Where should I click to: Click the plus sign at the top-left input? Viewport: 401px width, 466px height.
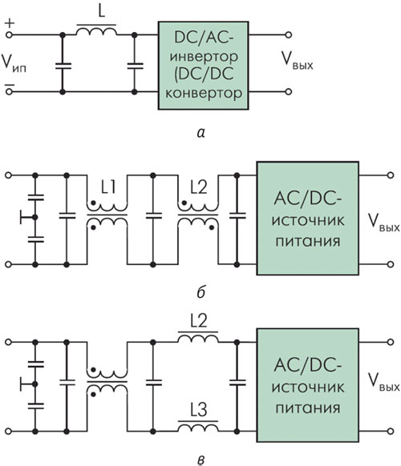(10, 23)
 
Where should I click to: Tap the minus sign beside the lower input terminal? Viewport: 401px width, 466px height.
(10, 85)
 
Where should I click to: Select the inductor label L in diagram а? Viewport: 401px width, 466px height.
(102, 12)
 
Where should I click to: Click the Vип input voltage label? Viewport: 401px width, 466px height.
(14, 63)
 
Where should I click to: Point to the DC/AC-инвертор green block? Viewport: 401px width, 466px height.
(204, 66)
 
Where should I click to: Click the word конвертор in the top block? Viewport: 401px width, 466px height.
(204, 94)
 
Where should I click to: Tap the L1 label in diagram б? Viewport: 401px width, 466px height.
(107, 188)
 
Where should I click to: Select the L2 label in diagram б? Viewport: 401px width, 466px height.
(199, 188)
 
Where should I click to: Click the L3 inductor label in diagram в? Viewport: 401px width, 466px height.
(199, 410)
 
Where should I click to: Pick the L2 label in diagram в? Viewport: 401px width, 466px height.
(199, 321)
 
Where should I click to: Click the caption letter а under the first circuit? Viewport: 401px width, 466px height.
(201, 133)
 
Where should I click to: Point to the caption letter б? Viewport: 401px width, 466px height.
(201, 292)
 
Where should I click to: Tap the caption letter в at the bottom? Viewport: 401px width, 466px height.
(201, 460)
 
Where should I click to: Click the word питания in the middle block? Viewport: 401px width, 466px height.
(307, 241)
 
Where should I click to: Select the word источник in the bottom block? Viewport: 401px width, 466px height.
(308, 388)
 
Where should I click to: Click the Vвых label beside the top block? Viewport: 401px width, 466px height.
(298, 61)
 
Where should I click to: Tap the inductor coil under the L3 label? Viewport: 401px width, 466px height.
(198, 428)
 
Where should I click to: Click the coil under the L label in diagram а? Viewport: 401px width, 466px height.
(97, 31)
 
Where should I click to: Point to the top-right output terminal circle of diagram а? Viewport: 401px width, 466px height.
(288, 34)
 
